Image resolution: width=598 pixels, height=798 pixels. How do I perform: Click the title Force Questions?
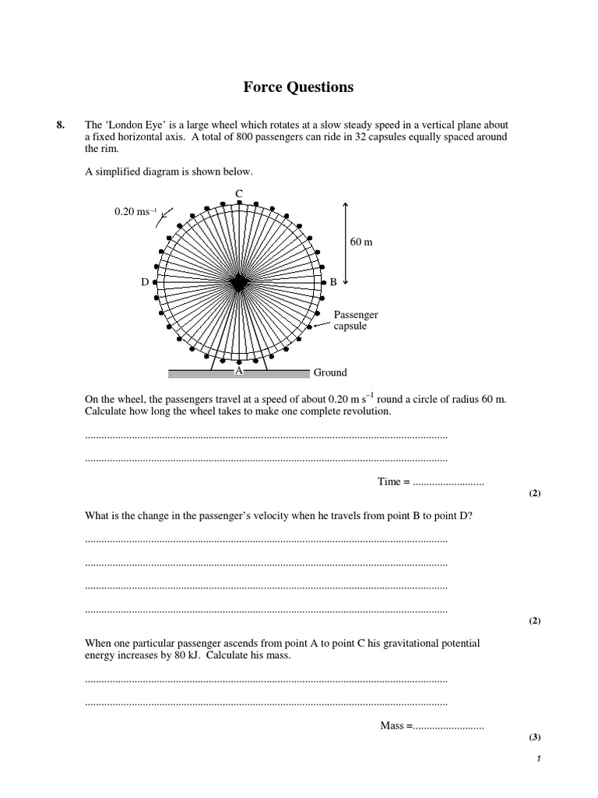tap(298, 87)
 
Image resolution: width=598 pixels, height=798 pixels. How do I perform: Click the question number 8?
tap(62, 125)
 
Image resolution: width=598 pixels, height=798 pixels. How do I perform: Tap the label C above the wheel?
tap(238, 192)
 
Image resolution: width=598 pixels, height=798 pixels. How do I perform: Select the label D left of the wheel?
tap(144, 282)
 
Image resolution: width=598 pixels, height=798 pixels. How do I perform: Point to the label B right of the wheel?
tap(333, 282)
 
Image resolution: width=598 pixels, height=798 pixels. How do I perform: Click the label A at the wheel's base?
tap(239, 372)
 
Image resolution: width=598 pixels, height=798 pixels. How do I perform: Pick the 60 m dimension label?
tap(361, 242)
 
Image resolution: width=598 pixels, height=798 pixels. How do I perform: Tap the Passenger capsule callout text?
tap(356, 320)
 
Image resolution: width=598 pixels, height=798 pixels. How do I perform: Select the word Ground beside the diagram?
tap(330, 373)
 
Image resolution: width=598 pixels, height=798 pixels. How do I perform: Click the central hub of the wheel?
tap(238, 282)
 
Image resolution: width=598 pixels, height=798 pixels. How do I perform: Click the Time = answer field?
tap(448, 482)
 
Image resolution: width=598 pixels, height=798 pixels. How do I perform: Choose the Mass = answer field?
tap(448, 726)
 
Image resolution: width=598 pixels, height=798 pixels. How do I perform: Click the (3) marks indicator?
tap(534, 736)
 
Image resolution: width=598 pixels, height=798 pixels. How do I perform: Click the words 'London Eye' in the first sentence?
tap(133, 125)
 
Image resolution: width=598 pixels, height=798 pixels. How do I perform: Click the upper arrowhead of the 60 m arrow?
tap(346, 204)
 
